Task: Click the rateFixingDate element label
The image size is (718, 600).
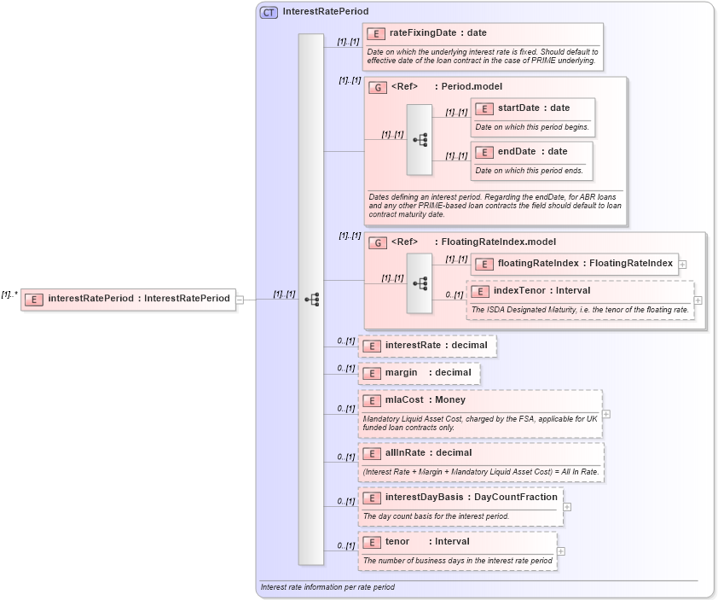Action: pyautogui.click(x=437, y=33)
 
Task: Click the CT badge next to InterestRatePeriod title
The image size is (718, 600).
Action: pyautogui.click(x=269, y=12)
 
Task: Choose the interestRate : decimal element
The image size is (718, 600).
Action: pyautogui.click(x=436, y=346)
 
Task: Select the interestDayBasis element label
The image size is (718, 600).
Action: pyautogui.click(x=471, y=497)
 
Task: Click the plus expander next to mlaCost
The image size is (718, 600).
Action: pyautogui.click(x=606, y=414)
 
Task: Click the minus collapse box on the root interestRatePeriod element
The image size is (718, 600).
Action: pyautogui.click(x=240, y=299)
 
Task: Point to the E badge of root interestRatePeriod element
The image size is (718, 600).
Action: pyautogui.click(x=34, y=299)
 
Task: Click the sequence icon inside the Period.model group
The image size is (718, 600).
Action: pyautogui.click(x=420, y=140)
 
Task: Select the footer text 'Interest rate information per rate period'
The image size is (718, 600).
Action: pyautogui.click(x=327, y=587)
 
